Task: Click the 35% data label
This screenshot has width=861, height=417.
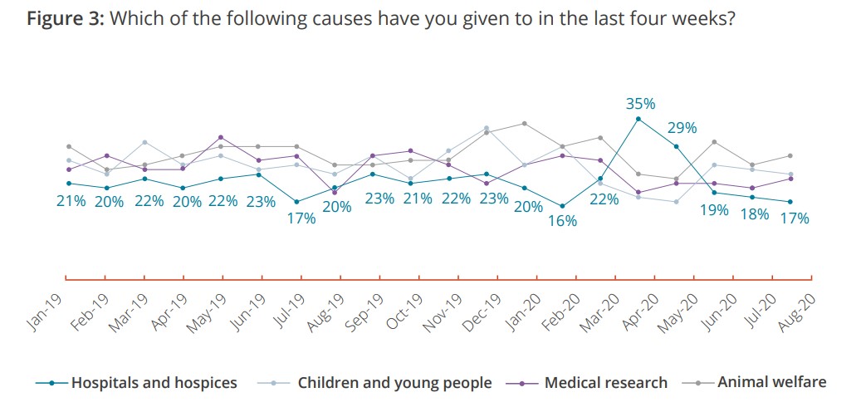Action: click(640, 104)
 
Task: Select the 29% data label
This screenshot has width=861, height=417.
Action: click(682, 128)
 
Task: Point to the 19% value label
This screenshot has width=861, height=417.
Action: click(714, 210)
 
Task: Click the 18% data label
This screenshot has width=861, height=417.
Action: click(755, 214)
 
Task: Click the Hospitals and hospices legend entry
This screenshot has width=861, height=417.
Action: click(154, 383)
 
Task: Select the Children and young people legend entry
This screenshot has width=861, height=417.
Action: click(394, 383)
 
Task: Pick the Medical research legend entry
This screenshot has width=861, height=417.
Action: click(605, 383)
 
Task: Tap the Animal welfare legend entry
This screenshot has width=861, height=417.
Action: click(771, 382)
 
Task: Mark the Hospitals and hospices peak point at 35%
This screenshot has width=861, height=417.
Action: click(638, 119)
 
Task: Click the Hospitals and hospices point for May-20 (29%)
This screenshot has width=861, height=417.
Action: click(677, 146)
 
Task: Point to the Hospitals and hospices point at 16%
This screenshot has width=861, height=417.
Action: click(563, 206)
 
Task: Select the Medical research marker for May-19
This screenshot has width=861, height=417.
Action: click(220, 137)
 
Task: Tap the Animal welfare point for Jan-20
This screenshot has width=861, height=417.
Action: click(525, 123)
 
